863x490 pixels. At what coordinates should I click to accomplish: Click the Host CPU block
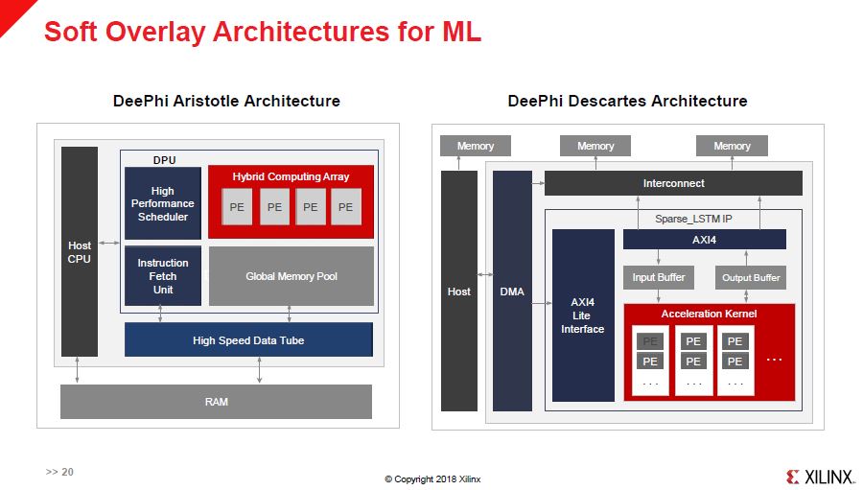pyautogui.click(x=80, y=251)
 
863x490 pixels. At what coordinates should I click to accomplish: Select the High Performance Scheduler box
pyautogui.click(x=163, y=203)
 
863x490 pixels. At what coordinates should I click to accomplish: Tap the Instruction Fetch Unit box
pyautogui.click(x=163, y=276)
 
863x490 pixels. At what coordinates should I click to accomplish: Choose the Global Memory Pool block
pyautogui.click(x=292, y=276)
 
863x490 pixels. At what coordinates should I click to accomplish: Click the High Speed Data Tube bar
pyautogui.click(x=248, y=340)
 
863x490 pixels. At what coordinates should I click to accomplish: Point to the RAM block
pyautogui.click(x=216, y=402)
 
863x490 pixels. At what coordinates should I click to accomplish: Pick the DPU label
pyautogui.click(x=165, y=159)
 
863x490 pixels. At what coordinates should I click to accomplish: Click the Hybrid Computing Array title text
pyautogui.click(x=291, y=176)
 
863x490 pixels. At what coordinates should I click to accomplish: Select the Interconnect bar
pyautogui.click(x=673, y=183)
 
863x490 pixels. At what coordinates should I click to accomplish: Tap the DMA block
pyautogui.click(x=513, y=292)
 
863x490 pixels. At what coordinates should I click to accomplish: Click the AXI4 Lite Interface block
pyautogui.click(x=583, y=315)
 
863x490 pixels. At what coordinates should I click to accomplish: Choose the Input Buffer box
pyautogui.click(x=658, y=278)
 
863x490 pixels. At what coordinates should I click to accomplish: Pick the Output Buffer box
pyautogui.click(x=751, y=278)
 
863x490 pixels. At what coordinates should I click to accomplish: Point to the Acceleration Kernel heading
pyautogui.click(x=709, y=314)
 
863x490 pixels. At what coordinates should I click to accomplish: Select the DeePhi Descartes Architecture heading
pyautogui.click(x=627, y=101)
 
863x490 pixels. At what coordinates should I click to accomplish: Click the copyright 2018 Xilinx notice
pyautogui.click(x=432, y=478)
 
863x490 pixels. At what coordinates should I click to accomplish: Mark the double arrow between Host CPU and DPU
pyautogui.click(x=108, y=240)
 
